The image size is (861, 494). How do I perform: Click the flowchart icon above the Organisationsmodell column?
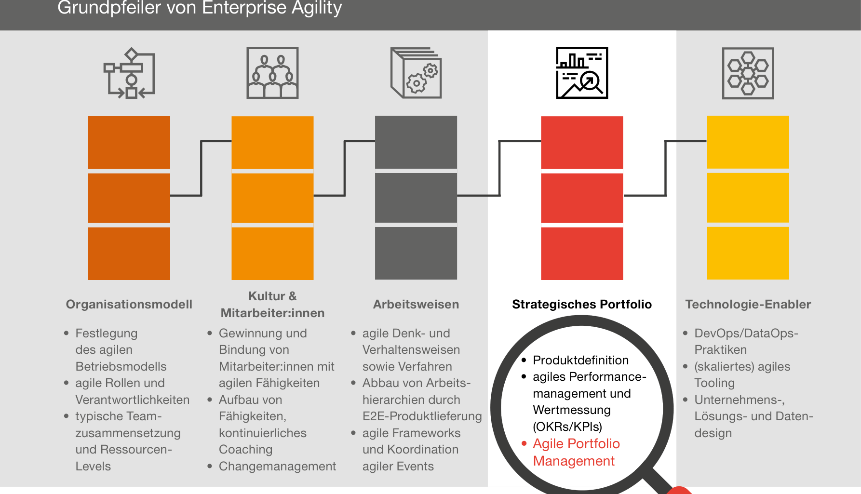click(x=129, y=73)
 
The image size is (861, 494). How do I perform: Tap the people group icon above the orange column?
click(x=272, y=73)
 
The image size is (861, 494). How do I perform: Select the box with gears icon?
click(x=416, y=73)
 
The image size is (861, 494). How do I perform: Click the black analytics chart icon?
click(x=582, y=73)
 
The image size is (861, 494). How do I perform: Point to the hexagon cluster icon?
click(x=748, y=73)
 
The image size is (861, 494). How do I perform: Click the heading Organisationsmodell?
click(x=129, y=304)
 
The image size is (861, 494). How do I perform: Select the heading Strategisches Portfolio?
click(x=582, y=304)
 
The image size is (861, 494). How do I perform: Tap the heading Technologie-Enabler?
click(x=748, y=304)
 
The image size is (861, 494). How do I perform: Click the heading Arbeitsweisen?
click(x=416, y=304)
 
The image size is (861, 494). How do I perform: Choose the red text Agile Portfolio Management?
click(x=576, y=452)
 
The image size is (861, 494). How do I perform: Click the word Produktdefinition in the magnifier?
click(x=581, y=360)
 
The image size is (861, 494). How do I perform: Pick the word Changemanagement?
click(x=277, y=466)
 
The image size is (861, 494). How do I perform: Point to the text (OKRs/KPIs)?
click(x=567, y=427)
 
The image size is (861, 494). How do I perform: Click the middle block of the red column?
click(x=582, y=198)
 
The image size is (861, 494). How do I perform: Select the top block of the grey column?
click(x=416, y=142)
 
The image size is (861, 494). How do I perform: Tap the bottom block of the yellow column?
click(x=748, y=253)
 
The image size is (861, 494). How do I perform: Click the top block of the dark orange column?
click(x=129, y=143)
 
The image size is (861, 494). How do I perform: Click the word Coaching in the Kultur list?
click(x=245, y=449)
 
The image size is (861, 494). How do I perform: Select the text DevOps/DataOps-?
click(x=746, y=333)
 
